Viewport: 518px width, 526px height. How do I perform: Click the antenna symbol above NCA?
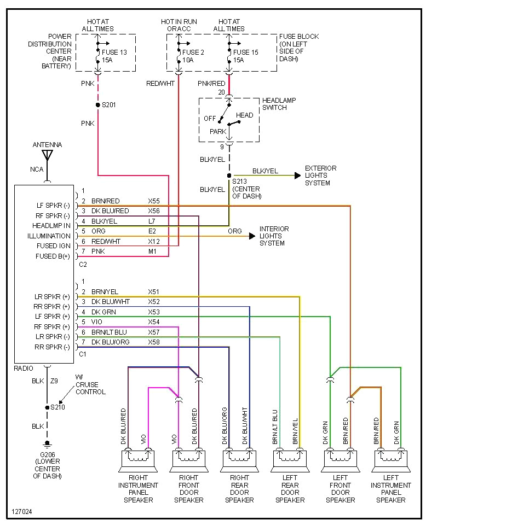pyautogui.click(x=47, y=155)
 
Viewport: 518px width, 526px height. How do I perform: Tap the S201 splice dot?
pyautogui.click(x=97, y=104)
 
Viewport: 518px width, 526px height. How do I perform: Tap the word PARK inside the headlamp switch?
pyautogui.click(x=218, y=132)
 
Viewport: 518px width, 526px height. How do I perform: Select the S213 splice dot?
pyautogui.click(x=229, y=176)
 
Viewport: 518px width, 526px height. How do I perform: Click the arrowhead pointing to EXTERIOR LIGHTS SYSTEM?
pyautogui.click(x=297, y=176)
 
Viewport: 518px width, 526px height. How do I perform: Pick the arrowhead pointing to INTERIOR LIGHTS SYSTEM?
pyautogui.click(x=251, y=236)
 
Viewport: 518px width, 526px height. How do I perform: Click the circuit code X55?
pyautogui.click(x=154, y=201)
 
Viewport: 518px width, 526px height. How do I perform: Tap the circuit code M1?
pyautogui.click(x=153, y=252)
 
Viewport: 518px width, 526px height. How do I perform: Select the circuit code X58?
pyautogui.click(x=154, y=342)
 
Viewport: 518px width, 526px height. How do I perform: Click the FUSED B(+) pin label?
pyautogui.click(x=53, y=256)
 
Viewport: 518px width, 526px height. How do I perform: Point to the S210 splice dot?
pyautogui.click(x=47, y=407)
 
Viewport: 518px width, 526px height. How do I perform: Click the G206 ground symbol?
pyautogui.click(x=47, y=443)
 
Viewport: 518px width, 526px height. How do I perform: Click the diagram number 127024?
pyautogui.click(x=21, y=512)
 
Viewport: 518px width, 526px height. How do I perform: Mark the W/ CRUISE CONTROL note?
pyautogui.click(x=90, y=384)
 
